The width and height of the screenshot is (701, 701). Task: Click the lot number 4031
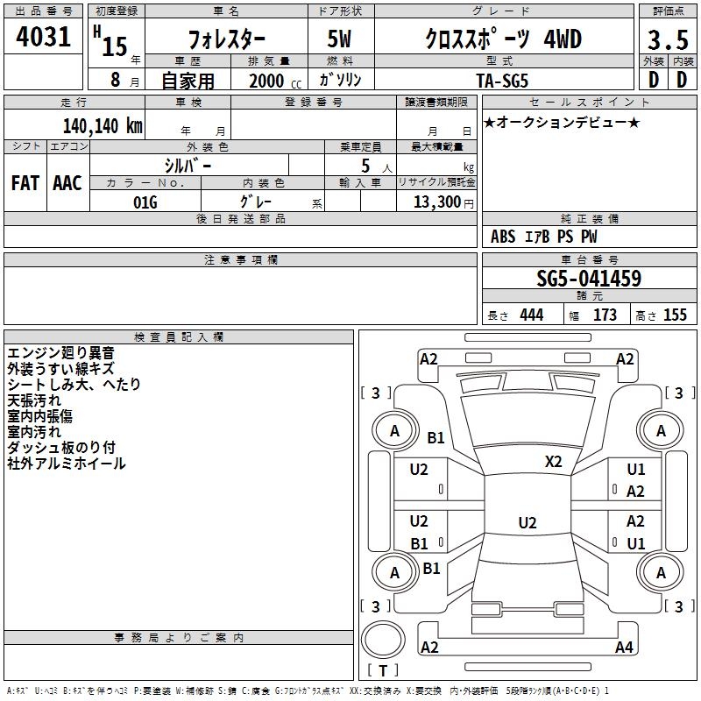pos(44,39)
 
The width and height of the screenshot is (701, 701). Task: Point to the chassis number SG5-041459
pos(589,280)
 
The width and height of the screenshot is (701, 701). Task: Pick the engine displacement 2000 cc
pos(266,81)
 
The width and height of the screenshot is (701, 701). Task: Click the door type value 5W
pos(341,40)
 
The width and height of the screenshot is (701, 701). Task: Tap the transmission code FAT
pos(25,182)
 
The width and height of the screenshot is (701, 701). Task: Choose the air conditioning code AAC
pos(67,182)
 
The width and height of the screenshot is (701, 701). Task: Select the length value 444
pos(531,315)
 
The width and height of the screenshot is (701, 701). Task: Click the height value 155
pos(675,315)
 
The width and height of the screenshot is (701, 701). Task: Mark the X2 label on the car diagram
pos(554,461)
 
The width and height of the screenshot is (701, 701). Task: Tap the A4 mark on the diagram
pos(624,648)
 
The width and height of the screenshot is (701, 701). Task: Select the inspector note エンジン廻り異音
pos(60,352)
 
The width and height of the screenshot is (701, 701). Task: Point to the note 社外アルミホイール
pos(67,464)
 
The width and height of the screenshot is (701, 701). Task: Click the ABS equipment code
pos(503,237)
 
